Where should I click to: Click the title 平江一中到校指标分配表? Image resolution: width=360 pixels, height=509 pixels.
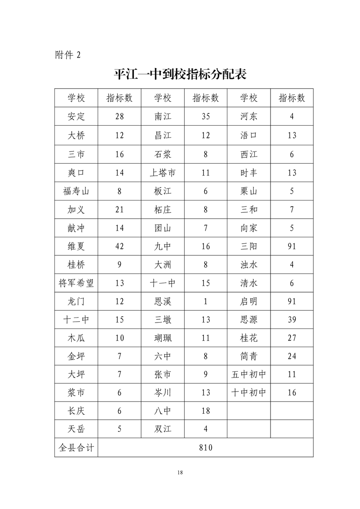[x=180, y=74]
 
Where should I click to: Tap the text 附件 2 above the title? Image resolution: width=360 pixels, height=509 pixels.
[x=67, y=55]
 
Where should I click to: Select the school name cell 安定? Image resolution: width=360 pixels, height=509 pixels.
[x=76, y=116]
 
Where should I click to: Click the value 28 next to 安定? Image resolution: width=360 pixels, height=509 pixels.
[x=119, y=116]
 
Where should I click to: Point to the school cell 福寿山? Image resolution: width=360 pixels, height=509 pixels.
[x=76, y=191]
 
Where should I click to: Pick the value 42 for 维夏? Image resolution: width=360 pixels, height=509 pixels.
[x=119, y=246]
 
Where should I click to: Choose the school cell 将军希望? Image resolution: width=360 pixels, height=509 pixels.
[x=76, y=284]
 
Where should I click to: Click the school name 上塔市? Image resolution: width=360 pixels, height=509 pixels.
[x=163, y=172]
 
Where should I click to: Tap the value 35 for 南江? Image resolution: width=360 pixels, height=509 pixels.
[x=206, y=116]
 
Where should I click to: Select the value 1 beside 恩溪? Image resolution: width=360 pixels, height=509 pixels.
[x=206, y=302]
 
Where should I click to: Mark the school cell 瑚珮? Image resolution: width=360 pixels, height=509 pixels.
[x=163, y=338]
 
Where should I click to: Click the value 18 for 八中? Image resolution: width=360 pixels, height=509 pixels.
[x=206, y=411]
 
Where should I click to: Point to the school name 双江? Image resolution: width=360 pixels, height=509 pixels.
[x=163, y=429]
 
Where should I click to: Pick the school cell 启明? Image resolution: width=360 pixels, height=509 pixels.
[x=249, y=302]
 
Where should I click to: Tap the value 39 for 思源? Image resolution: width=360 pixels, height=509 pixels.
[x=292, y=320]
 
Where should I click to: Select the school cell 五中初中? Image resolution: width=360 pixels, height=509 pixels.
[x=249, y=375]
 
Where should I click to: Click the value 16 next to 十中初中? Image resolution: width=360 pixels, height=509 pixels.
[x=292, y=393]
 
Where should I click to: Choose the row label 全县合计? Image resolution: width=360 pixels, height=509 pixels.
[x=76, y=448]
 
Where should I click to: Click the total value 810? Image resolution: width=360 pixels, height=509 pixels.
[x=206, y=448]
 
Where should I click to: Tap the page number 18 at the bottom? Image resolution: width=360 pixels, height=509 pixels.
[x=180, y=473]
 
